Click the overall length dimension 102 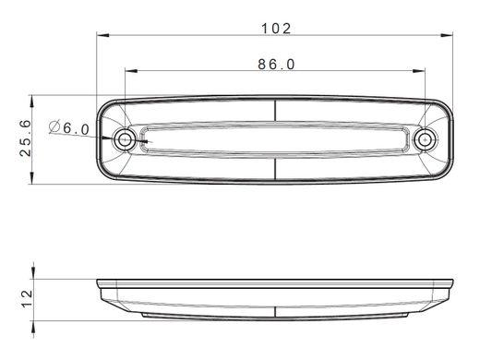click(x=276, y=29)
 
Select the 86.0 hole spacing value click(x=276, y=64)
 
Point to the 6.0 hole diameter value click(x=77, y=129)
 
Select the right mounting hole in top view click(x=425, y=139)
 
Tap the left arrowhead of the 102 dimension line click(x=102, y=38)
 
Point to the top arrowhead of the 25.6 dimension click(x=34, y=100)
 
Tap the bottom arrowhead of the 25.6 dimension click(x=34, y=179)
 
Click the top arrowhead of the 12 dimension click(x=34, y=280)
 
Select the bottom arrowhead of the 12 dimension click(x=34, y=315)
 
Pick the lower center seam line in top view click(x=276, y=171)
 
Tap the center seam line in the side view click(x=276, y=295)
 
